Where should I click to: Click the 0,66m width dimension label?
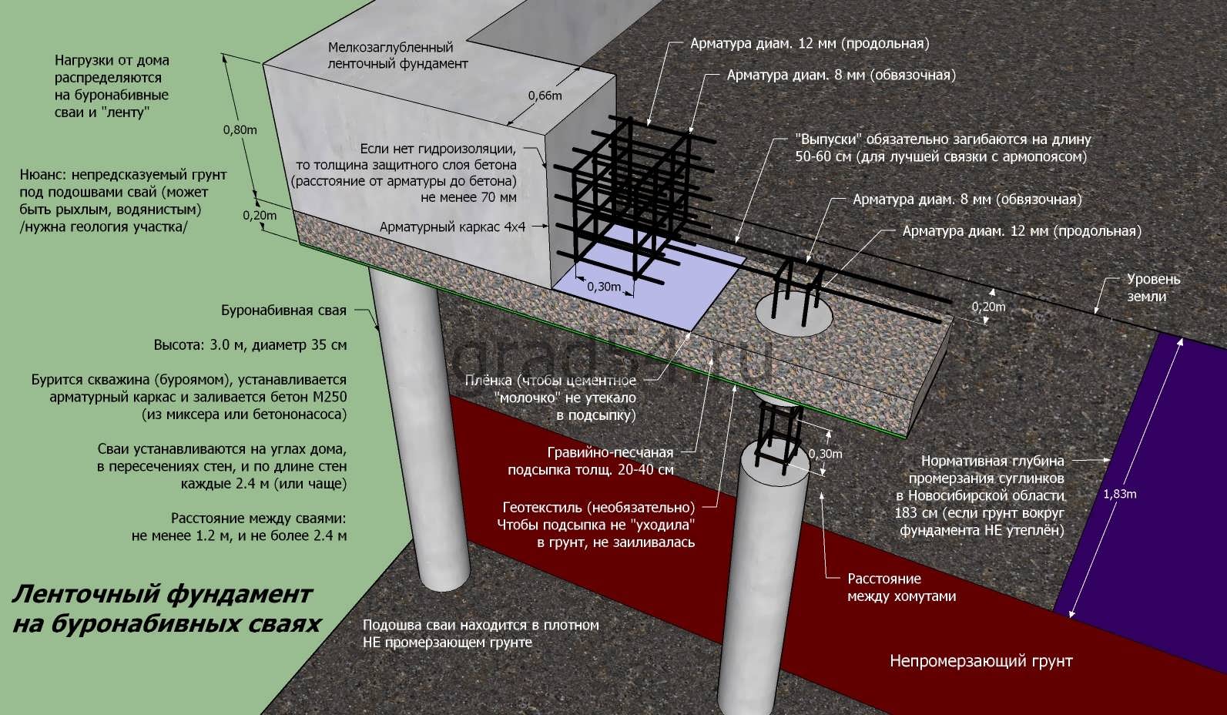click(x=545, y=96)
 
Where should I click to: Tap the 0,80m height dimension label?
click(x=240, y=130)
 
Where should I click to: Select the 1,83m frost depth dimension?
click(x=1120, y=494)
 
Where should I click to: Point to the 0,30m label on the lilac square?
click(x=604, y=287)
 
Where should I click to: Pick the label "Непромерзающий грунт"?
click(x=981, y=661)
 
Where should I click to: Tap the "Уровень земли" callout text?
click(x=1153, y=287)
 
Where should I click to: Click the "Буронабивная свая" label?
click(x=283, y=311)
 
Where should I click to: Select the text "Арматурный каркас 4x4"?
click(x=452, y=227)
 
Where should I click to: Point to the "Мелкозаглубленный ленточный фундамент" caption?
click(x=397, y=55)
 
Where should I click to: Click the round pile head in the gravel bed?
click(x=794, y=316)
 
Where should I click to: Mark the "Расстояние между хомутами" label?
click(x=902, y=587)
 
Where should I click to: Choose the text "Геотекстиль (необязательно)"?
click(x=598, y=508)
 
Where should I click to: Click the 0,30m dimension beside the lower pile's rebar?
click(x=825, y=454)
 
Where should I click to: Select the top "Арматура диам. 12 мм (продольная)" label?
click(x=810, y=44)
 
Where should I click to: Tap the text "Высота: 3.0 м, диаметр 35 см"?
click(x=250, y=345)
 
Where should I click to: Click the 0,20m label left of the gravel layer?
click(x=260, y=215)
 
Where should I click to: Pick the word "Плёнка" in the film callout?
click(x=488, y=381)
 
